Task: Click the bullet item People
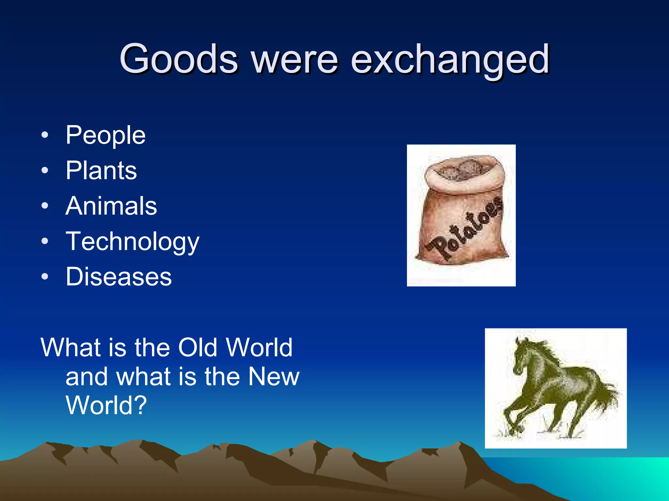coord(105,135)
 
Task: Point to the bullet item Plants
coord(101,171)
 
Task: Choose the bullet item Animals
coord(111,206)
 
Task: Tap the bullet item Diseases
coord(118,277)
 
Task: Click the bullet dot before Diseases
coord(45,277)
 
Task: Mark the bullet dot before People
coord(45,135)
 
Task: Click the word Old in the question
coord(198,348)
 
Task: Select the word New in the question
coord(274,376)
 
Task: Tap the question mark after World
coord(140,405)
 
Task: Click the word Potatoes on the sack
coord(465,228)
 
